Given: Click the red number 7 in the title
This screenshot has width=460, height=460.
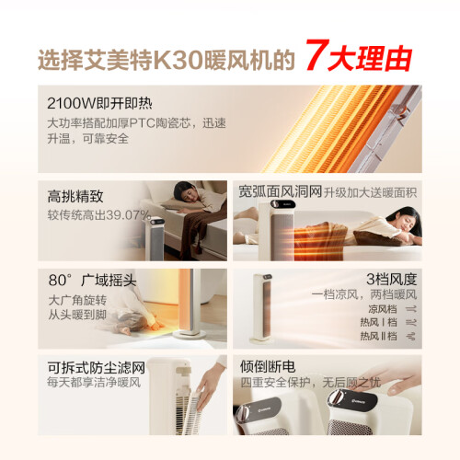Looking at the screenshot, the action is click(x=316, y=54).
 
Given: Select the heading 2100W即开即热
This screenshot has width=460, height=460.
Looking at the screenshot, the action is click(x=99, y=103).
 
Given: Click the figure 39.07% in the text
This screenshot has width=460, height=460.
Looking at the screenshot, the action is click(x=128, y=215).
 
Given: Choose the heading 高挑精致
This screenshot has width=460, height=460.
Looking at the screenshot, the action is click(x=75, y=196).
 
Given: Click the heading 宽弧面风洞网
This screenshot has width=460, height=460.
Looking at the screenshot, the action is click(x=281, y=192).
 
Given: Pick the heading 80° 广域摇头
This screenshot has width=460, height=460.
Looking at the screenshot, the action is click(x=92, y=280).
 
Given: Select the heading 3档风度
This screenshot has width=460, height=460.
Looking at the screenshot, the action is click(x=392, y=279).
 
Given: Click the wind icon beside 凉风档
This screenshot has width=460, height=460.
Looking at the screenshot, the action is click(x=411, y=309).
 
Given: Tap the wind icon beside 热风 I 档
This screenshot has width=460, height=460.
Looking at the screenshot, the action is click(x=411, y=322).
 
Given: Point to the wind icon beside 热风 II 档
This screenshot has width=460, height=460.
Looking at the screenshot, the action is click(x=411, y=336).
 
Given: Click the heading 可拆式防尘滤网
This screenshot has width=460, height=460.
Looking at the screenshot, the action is click(x=97, y=367).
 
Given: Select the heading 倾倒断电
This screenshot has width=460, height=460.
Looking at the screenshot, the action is click(x=268, y=366).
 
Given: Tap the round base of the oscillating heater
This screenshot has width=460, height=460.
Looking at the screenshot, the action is click(x=189, y=335).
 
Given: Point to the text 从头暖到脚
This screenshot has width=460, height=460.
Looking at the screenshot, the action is click(x=77, y=315).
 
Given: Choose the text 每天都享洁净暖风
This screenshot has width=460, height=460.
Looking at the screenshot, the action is click(x=94, y=383).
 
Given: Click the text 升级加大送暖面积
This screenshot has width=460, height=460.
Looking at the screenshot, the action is click(x=371, y=192).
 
